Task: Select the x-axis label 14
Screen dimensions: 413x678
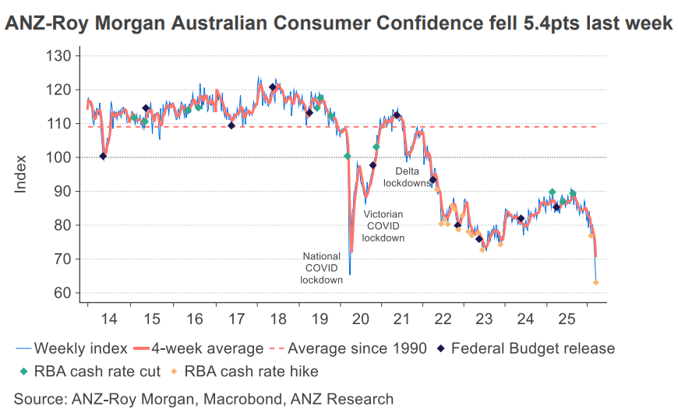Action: pos(109,319)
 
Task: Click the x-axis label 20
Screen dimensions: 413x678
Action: pos(360,319)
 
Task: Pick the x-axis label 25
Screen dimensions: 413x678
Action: pos(568,319)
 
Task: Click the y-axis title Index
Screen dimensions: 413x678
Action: pos(21,175)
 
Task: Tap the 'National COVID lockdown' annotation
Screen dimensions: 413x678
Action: pos(322,267)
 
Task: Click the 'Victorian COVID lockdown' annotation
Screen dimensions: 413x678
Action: pos(384,225)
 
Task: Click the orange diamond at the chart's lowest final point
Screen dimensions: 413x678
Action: pos(596,283)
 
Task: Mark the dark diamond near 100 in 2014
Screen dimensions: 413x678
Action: pos(104,157)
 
